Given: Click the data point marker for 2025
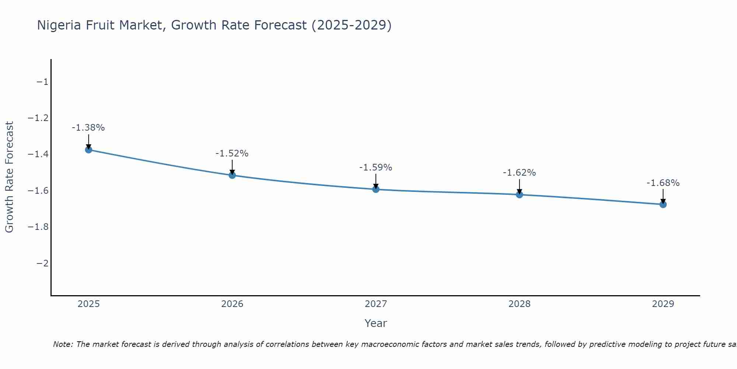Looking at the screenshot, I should click(x=88, y=149).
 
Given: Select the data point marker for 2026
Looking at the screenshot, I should click(x=232, y=175).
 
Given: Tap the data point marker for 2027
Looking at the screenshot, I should click(x=376, y=189).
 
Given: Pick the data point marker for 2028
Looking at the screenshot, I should click(x=520, y=194).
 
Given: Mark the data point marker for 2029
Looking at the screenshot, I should click(x=663, y=204).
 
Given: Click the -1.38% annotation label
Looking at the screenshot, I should click(x=88, y=128).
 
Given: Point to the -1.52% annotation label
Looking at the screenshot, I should click(x=232, y=154).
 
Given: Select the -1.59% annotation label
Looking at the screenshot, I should click(x=376, y=168).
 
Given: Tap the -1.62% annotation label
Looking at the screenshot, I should click(x=519, y=173).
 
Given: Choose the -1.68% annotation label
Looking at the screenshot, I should click(x=663, y=183).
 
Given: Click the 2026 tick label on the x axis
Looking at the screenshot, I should click(x=232, y=304).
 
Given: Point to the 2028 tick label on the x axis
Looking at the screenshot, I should click(x=520, y=304).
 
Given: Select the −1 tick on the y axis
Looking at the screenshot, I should click(x=42, y=82).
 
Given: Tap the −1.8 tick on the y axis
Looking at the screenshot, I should click(x=38, y=227).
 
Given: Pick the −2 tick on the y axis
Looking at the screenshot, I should click(x=42, y=263).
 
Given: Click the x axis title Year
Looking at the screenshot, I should click(x=376, y=323).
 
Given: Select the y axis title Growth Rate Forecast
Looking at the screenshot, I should click(x=9, y=177).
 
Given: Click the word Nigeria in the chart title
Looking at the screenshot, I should click(x=59, y=25).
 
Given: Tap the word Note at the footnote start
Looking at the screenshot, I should click(x=63, y=344).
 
